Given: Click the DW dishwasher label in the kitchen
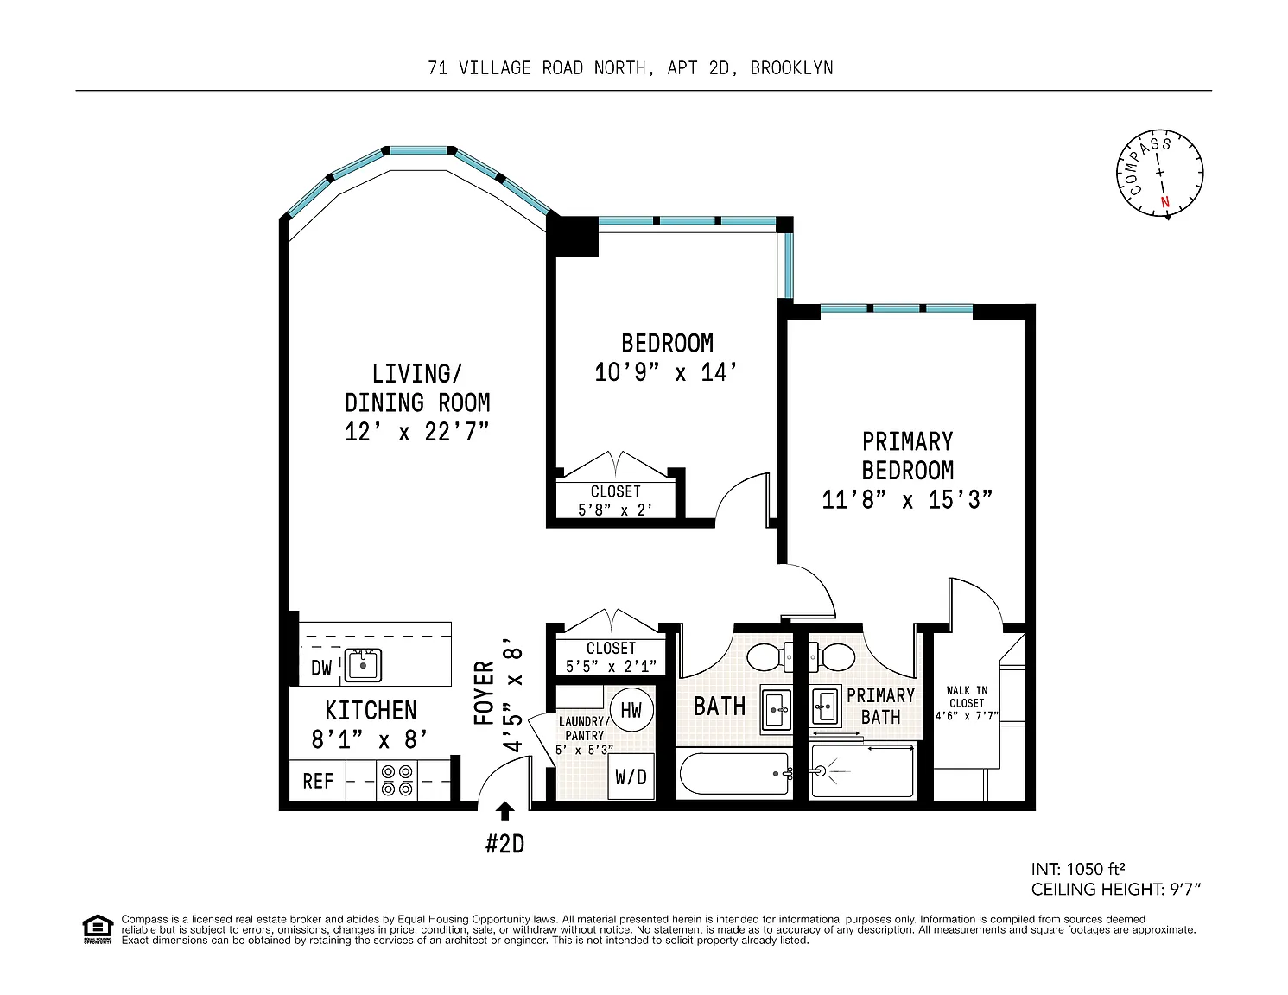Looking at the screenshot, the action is (321, 668).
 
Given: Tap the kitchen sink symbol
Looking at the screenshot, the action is (363, 664).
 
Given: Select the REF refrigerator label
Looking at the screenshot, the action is (318, 781).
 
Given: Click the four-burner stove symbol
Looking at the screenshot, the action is (397, 781).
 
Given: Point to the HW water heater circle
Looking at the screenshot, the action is (631, 709).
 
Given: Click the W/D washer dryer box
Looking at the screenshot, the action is (631, 776).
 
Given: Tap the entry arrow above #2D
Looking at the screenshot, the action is (504, 811).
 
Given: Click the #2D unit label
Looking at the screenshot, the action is (505, 844).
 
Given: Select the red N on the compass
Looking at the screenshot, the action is (1164, 201).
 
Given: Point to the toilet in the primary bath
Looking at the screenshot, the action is (833, 656).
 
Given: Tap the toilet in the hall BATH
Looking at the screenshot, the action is (769, 656).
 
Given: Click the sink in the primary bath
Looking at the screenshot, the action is (825, 706).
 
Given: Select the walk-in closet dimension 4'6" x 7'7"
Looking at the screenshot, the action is (967, 716).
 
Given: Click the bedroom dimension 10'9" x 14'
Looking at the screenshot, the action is (666, 373).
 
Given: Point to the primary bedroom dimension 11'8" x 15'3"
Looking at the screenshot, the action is (907, 499).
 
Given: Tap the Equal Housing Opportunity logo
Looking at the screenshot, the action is (98, 929).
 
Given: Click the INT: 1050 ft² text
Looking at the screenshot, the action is (1077, 869).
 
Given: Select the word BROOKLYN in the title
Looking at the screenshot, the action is (791, 68).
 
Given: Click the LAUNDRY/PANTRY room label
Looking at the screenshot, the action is (584, 728).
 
